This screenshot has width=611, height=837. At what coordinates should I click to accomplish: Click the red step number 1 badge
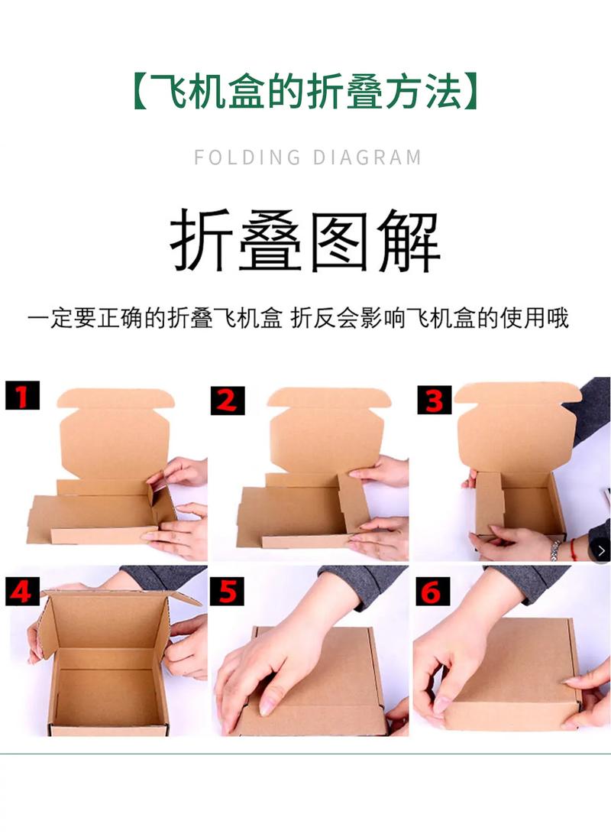pos(22,395)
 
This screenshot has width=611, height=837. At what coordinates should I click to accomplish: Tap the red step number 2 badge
pos(228,401)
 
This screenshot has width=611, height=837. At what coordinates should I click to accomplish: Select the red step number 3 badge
pos(435,400)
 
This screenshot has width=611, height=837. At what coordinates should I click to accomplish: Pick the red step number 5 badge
pos(227,591)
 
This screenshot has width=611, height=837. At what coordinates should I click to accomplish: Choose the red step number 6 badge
pos(432,591)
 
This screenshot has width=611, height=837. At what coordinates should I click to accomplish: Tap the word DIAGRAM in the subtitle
pos(367,157)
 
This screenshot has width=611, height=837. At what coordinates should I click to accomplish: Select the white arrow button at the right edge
pos(600,550)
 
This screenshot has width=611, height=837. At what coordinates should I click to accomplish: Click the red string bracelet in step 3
pos(573,550)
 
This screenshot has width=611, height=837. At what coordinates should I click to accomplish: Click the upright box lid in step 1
pos(115,433)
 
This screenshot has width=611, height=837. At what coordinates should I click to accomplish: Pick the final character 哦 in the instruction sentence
pos(557,318)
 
